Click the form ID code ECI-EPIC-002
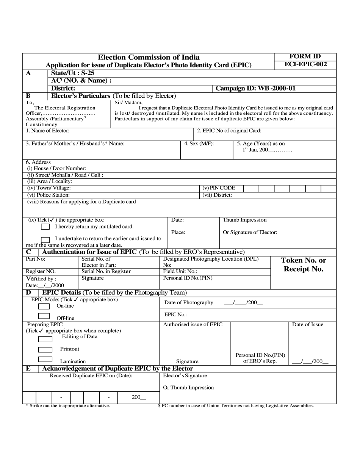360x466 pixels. coord(305,64)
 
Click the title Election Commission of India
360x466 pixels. coord(149,57)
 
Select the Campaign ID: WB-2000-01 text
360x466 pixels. coord(255,88)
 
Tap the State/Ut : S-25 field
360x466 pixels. coord(73,73)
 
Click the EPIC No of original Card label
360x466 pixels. coord(229,131)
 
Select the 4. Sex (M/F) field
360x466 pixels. coord(199,144)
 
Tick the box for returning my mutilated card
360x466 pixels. coord(45,227)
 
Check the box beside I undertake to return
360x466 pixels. coord(45,239)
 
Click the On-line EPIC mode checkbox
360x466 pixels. coord(44,306)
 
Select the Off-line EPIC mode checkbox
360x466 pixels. coord(44,316)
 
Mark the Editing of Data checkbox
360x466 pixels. coord(45,339)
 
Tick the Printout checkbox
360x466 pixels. coord(45,350)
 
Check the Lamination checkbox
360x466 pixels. coord(45,359)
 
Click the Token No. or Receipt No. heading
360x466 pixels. coord(303,265)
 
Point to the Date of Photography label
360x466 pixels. coord(189,303)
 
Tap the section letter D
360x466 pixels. coord(28,293)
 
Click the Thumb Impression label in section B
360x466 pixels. coord(244,220)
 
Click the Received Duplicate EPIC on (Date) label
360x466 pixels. coord(91,376)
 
